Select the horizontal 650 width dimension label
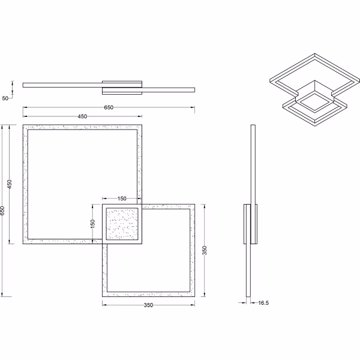tap(109, 107)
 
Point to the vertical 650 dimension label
tap(3, 211)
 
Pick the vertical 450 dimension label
tap(10, 184)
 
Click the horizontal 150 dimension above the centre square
tap(122, 198)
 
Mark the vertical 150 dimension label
tap(92, 223)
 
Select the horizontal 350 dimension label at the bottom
tap(149, 305)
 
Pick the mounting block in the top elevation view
tap(122, 87)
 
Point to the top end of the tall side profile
tap(253, 126)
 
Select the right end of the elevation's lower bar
tap(194, 91)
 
